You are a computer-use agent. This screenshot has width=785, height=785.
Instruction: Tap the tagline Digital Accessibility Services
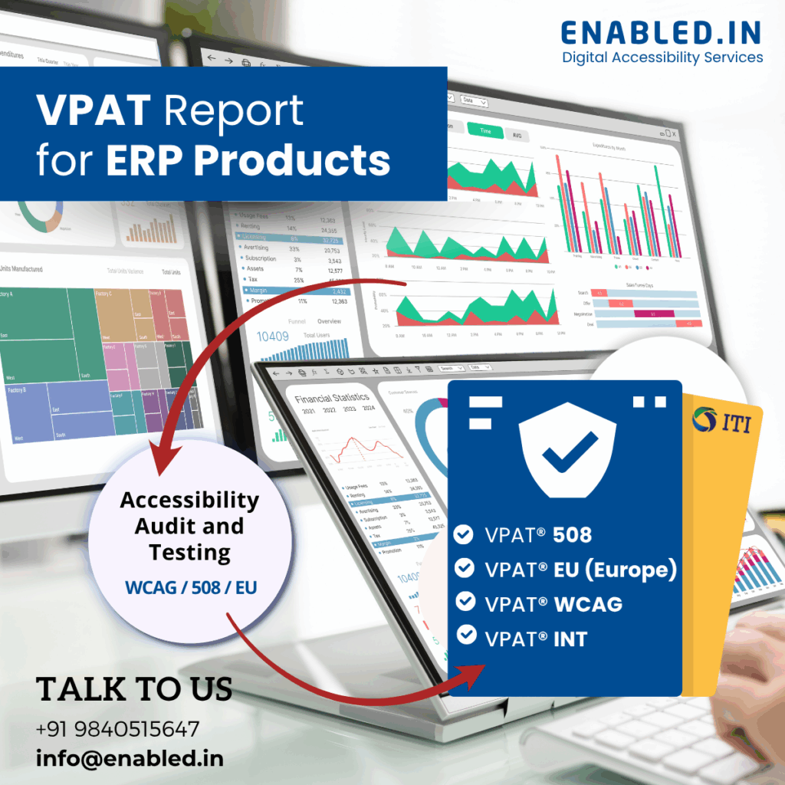tap(662, 57)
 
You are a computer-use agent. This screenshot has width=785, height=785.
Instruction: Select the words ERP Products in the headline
tap(248, 160)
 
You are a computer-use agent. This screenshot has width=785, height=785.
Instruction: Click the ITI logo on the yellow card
tap(721, 421)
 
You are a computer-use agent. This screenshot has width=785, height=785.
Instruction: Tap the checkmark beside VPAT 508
tap(463, 534)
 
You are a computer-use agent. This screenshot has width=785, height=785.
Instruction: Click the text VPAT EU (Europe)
tap(581, 569)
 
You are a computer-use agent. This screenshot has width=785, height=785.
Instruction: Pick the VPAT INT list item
tap(536, 638)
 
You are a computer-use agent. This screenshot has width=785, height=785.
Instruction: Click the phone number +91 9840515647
tap(117, 728)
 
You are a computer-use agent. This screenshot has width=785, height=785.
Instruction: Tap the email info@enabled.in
tap(130, 759)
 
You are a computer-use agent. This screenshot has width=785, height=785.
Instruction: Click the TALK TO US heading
tap(134, 688)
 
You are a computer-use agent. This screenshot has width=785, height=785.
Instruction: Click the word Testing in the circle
tap(189, 552)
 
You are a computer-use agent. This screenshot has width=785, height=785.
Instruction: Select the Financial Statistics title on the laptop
tap(332, 398)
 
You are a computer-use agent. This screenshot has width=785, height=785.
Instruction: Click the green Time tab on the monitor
tap(484, 131)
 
